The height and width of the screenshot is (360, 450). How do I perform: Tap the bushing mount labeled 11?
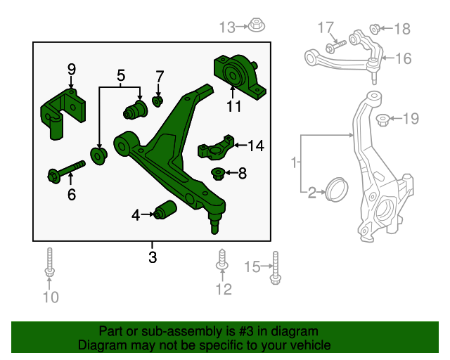pyautogui.click(x=237, y=75)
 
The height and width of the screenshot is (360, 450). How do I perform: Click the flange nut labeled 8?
pyautogui.click(x=219, y=172)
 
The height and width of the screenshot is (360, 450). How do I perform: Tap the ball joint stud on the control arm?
pyautogui.click(x=214, y=223)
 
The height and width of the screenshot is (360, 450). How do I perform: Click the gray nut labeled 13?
pyautogui.click(x=255, y=27)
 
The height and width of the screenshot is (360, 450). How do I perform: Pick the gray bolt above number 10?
pyautogui.click(x=50, y=264)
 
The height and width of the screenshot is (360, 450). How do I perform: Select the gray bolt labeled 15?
pyautogui.click(x=274, y=269)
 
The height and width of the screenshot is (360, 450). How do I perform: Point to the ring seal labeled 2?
pyautogui.click(x=335, y=189)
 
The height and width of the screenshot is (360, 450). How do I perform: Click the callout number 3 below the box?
pyautogui.click(x=152, y=257)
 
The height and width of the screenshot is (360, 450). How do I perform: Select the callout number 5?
pyautogui.click(x=120, y=75)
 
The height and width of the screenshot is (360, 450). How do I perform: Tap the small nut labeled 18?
pyautogui.click(x=375, y=29)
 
